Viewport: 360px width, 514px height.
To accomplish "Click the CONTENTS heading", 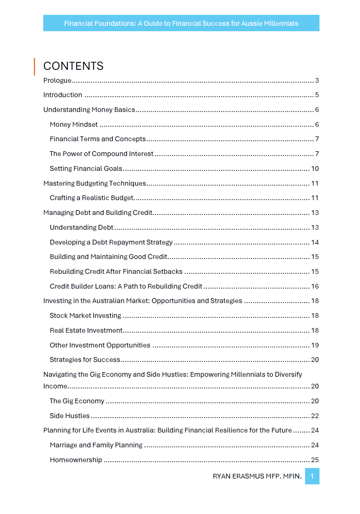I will point(73,66).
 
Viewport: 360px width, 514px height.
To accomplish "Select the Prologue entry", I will point(57,80).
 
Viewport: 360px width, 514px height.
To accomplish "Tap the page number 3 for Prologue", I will point(317,80).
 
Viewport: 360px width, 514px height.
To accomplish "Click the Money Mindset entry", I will point(74,124).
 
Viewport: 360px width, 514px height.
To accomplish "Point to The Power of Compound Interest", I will point(101,154).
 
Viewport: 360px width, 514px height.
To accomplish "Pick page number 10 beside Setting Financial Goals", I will point(315,168).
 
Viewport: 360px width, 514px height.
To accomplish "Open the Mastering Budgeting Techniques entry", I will point(95,183).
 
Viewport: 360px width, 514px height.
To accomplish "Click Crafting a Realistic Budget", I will point(92,198).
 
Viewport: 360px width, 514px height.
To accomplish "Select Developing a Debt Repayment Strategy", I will point(111,242).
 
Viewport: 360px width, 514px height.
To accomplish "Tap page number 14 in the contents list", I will point(315,242).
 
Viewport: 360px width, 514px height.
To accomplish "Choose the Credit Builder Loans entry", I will point(126,286).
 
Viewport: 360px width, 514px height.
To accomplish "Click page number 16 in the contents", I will point(315,286).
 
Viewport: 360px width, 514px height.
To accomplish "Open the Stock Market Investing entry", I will point(85,315).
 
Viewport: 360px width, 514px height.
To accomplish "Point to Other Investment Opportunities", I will point(100,345).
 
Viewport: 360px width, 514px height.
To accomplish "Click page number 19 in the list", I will point(315,345).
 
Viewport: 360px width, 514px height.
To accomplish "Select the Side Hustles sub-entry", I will point(69,416).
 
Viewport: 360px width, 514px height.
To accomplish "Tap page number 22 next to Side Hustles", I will point(315,416).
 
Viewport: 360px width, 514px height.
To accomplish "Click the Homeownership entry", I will point(76,460).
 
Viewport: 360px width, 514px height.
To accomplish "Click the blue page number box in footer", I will point(312,476).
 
